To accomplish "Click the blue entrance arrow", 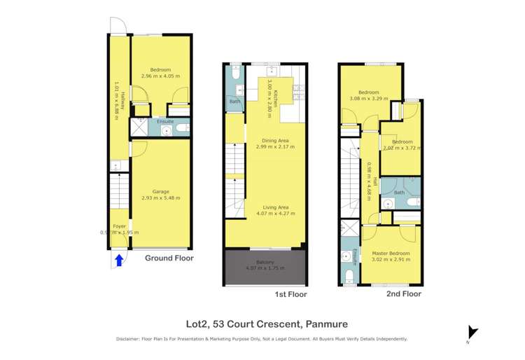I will point(119,261).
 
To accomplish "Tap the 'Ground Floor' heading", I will point(169,258).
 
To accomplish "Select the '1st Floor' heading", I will point(290,296).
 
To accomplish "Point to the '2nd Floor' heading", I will point(404,294).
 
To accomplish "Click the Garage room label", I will point(161,191).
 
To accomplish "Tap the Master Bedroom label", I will point(391,253).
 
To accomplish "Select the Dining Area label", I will point(275,140).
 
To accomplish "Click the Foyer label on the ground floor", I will point(119,226).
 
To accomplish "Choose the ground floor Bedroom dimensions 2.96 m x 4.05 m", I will point(160,76).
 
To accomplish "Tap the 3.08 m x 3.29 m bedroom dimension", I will point(368,99).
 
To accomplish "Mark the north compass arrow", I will point(473,333).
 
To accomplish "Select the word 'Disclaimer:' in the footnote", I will point(130,339).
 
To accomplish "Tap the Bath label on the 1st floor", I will point(234,102).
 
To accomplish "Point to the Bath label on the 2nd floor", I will point(399,192).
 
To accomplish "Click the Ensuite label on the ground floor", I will point(164,121).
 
